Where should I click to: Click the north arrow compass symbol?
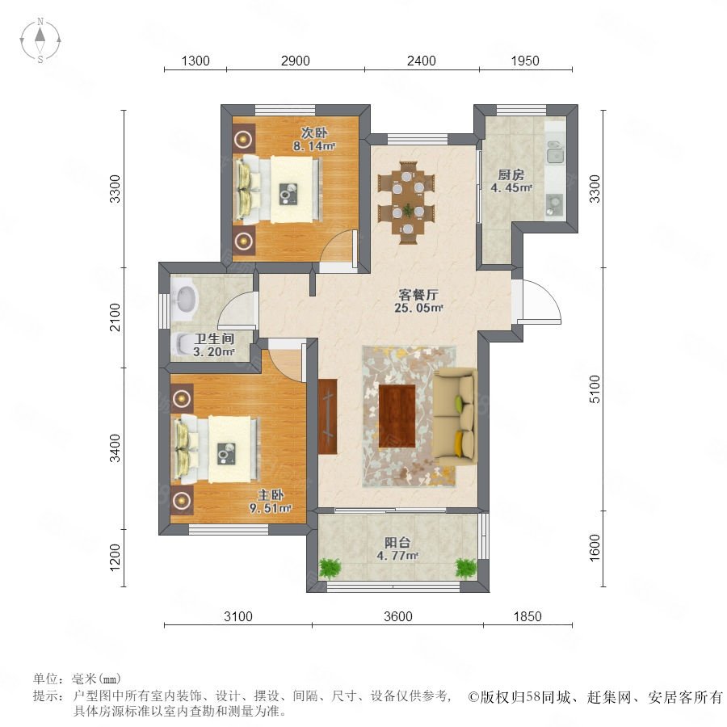click(x=40, y=40)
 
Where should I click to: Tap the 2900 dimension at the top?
click(x=296, y=61)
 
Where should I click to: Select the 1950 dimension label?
click(x=525, y=61)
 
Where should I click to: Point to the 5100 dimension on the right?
click(x=595, y=389)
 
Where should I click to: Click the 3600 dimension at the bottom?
click(x=397, y=616)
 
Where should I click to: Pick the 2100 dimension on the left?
click(x=115, y=317)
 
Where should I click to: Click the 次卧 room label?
click(x=314, y=132)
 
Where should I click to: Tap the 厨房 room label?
click(x=511, y=174)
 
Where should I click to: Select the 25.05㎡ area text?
click(x=418, y=308)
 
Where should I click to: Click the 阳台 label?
click(x=397, y=542)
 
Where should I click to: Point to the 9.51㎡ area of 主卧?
click(x=271, y=508)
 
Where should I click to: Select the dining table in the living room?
click(x=407, y=202)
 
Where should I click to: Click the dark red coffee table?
click(x=397, y=416)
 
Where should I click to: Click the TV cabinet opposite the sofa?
click(x=328, y=416)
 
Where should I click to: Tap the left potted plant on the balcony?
click(x=330, y=567)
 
